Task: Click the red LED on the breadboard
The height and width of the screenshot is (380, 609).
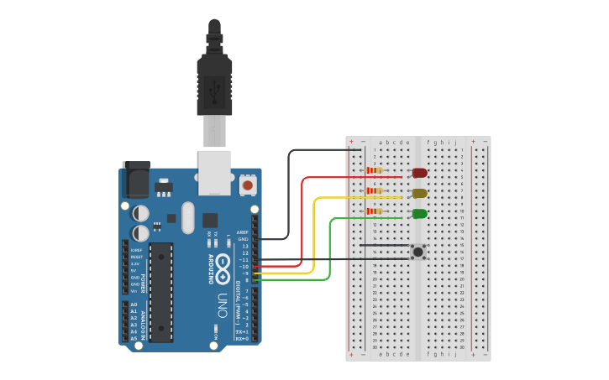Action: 419,173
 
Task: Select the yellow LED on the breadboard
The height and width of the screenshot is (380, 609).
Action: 419,193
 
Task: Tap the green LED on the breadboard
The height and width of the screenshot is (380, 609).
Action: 419,214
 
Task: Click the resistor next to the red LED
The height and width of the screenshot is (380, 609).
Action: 374,170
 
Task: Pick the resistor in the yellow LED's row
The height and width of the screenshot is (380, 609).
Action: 374,190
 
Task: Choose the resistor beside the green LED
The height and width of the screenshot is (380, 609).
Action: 374,211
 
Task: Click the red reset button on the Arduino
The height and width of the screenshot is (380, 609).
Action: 247,183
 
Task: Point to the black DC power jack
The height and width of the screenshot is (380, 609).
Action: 135,180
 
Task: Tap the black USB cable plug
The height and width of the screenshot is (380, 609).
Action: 214,84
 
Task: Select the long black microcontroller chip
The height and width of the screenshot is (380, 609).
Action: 161,292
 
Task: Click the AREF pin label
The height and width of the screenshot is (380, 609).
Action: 243,232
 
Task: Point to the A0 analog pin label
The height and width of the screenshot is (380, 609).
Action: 133,305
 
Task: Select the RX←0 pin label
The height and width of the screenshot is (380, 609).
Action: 242,339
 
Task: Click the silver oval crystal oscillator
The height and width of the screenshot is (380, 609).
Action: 187,217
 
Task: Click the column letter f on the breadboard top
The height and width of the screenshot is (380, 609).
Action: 428,143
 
